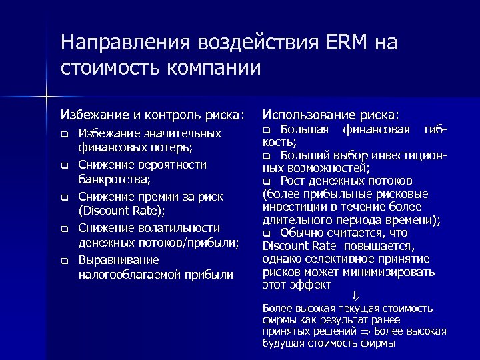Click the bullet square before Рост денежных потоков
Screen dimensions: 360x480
(x=267, y=181)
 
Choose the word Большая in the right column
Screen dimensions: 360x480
(x=303, y=128)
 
